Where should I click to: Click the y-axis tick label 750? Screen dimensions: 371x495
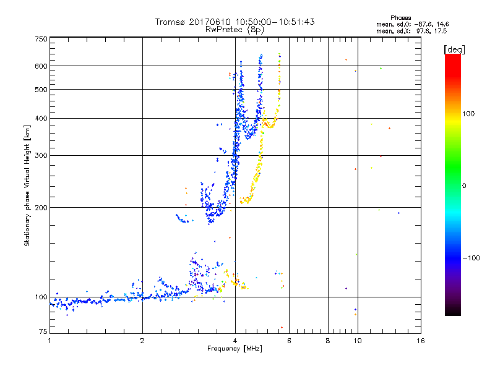tap(40, 38)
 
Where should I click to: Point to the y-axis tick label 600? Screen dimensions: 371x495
tap(40, 66)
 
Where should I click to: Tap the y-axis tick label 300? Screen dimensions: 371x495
tap(40, 155)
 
